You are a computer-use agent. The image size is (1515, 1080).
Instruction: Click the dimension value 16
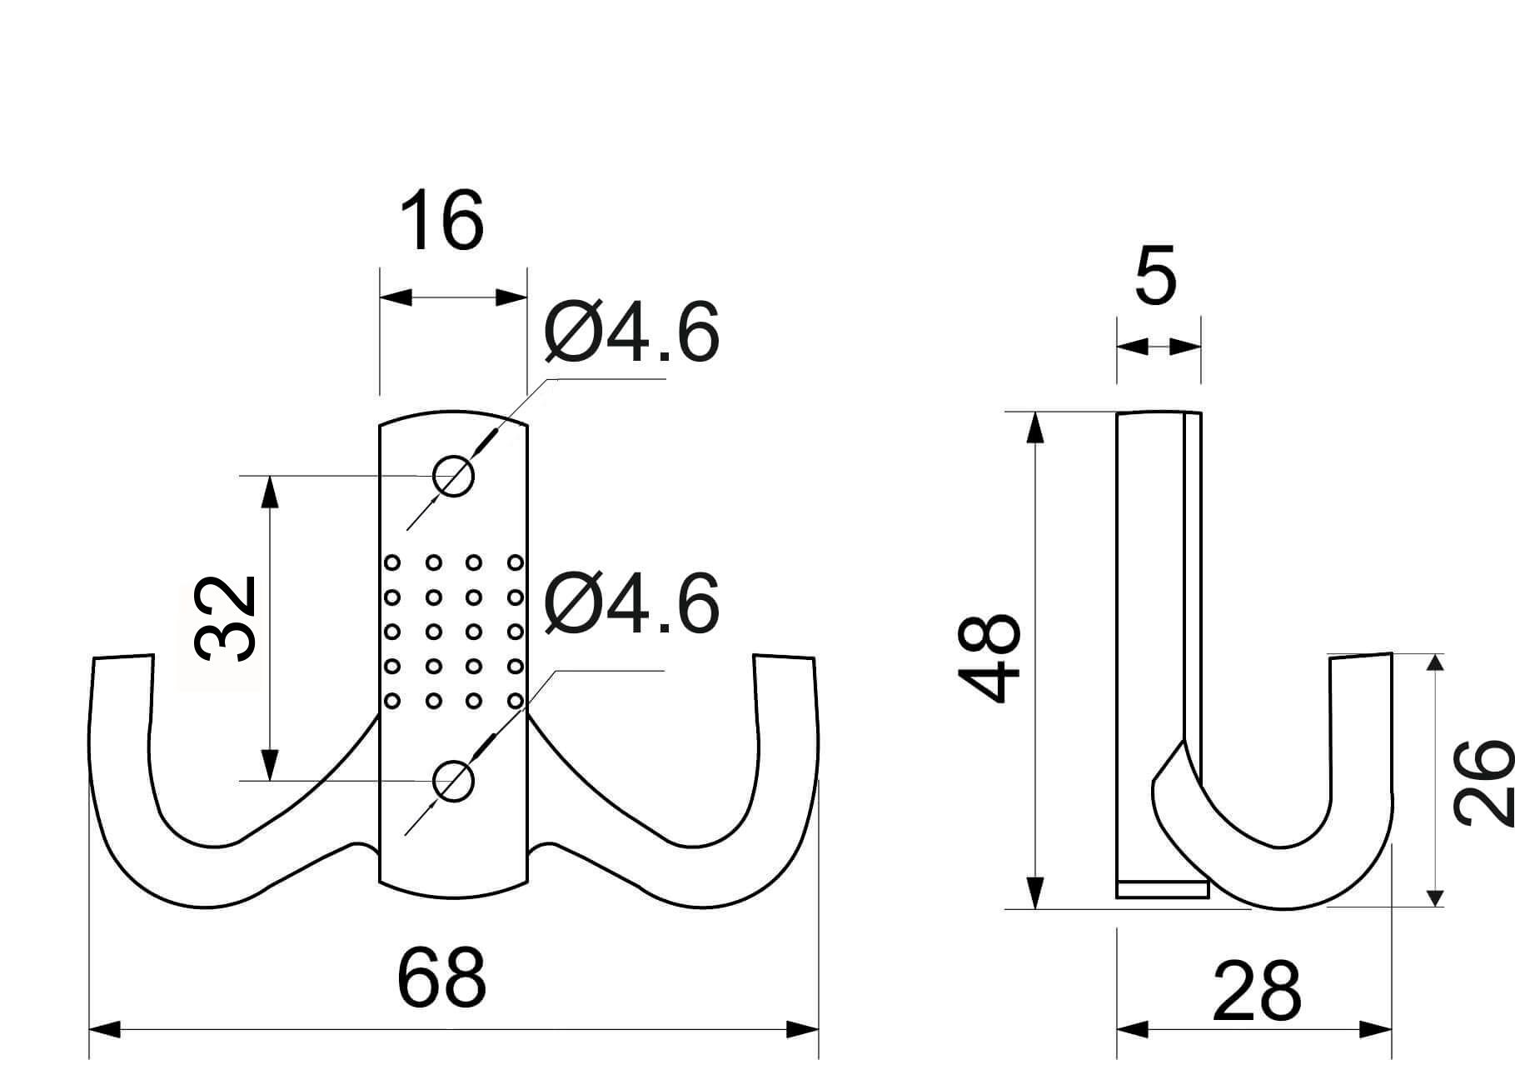(441, 221)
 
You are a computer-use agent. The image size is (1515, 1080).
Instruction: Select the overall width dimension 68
(441, 977)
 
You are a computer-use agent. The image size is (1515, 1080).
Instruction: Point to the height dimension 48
(989, 658)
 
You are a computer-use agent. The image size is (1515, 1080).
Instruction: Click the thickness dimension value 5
(1156, 275)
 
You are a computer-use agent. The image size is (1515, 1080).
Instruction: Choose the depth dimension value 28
(1256, 992)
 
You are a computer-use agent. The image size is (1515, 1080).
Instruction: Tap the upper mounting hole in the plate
(453, 477)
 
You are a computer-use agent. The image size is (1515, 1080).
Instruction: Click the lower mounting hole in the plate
(453, 781)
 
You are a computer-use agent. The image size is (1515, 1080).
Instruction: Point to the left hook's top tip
(123, 657)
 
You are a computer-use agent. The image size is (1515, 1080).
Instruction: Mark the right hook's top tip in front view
(784, 657)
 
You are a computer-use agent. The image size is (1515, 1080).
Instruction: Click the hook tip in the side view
(1361, 656)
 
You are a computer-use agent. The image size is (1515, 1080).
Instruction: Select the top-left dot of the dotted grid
(392, 563)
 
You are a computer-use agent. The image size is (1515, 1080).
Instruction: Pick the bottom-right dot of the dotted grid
(515, 701)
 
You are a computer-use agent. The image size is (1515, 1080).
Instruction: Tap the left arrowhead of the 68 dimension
(105, 1030)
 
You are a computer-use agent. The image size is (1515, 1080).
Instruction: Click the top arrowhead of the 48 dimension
(1034, 427)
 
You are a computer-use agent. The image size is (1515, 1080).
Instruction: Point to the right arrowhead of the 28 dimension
(1376, 1030)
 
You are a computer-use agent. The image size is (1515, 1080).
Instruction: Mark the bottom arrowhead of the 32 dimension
(269, 765)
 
